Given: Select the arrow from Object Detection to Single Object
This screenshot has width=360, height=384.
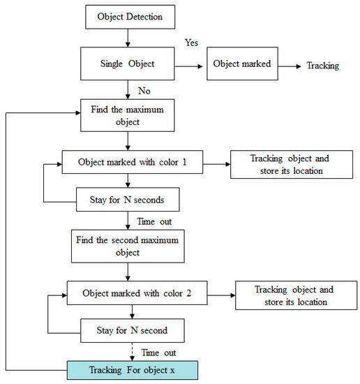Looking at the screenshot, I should tap(128, 38).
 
